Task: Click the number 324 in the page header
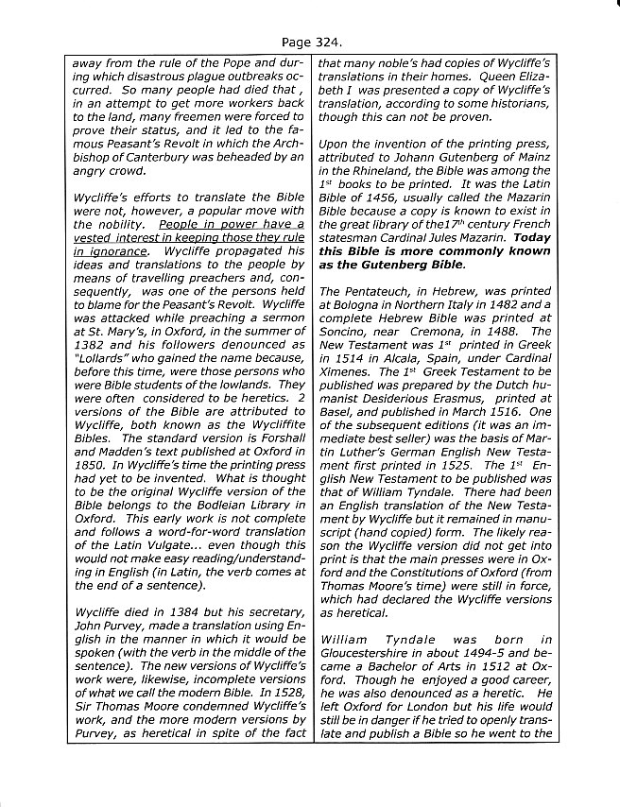coord(324,43)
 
